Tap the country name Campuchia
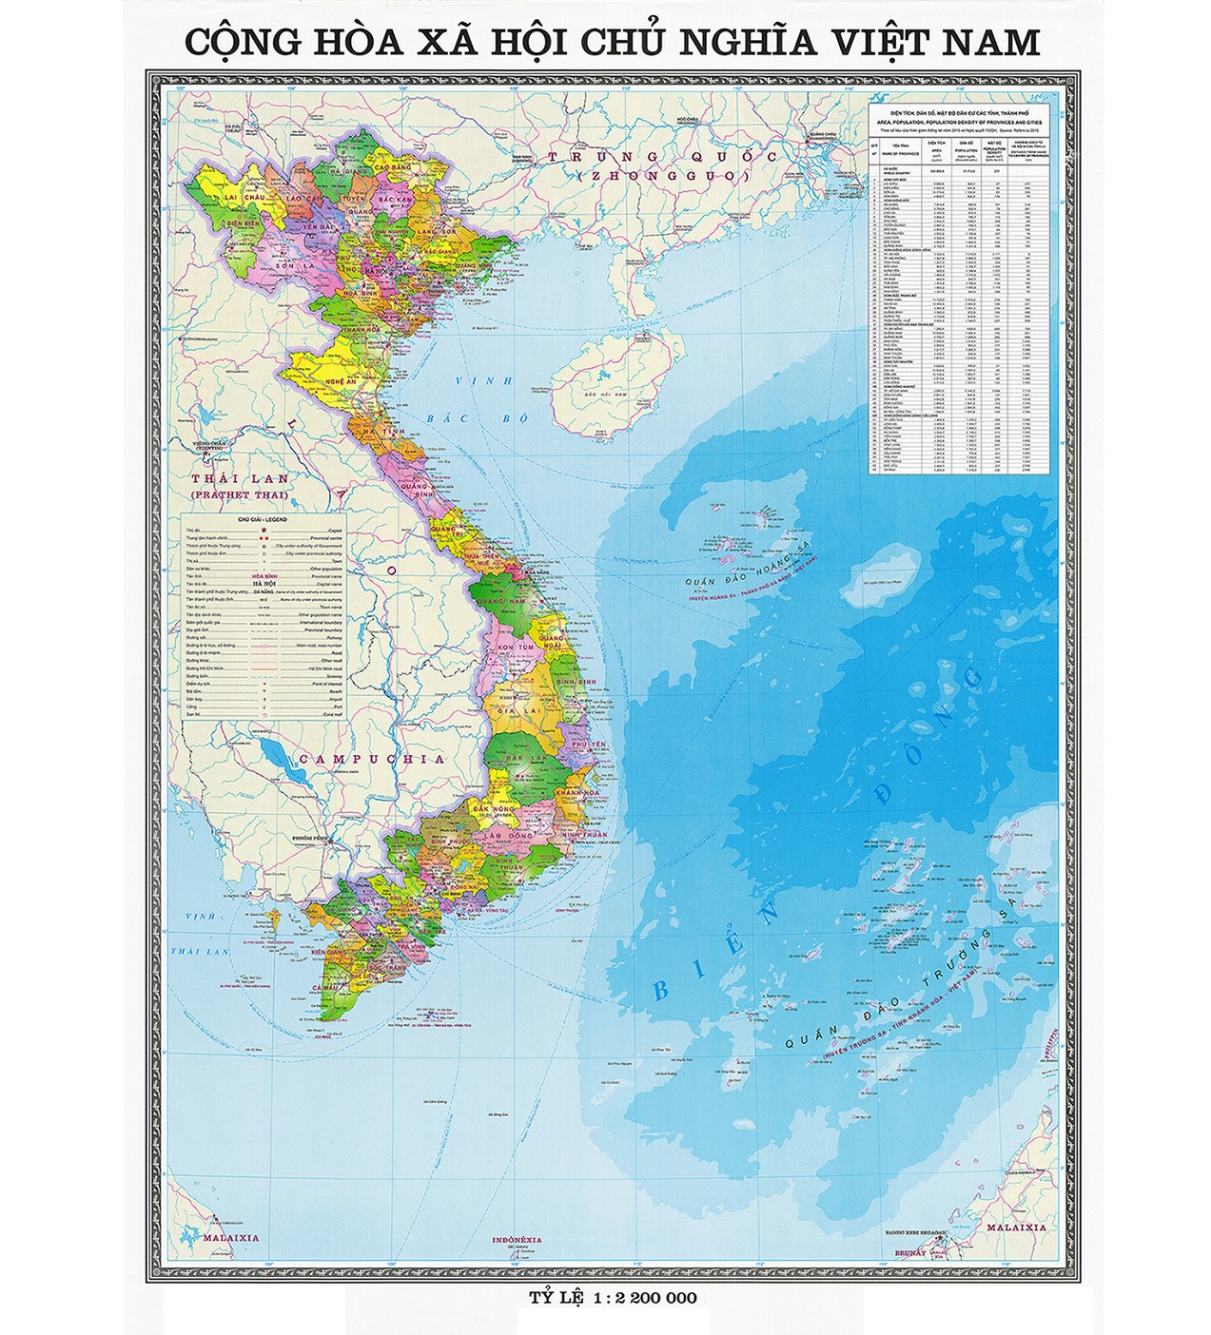point(370,759)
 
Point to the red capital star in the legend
point(261,529)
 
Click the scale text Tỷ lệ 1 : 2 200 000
point(613,1297)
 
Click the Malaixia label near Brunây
point(1017,1228)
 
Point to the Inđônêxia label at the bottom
point(517,1240)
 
